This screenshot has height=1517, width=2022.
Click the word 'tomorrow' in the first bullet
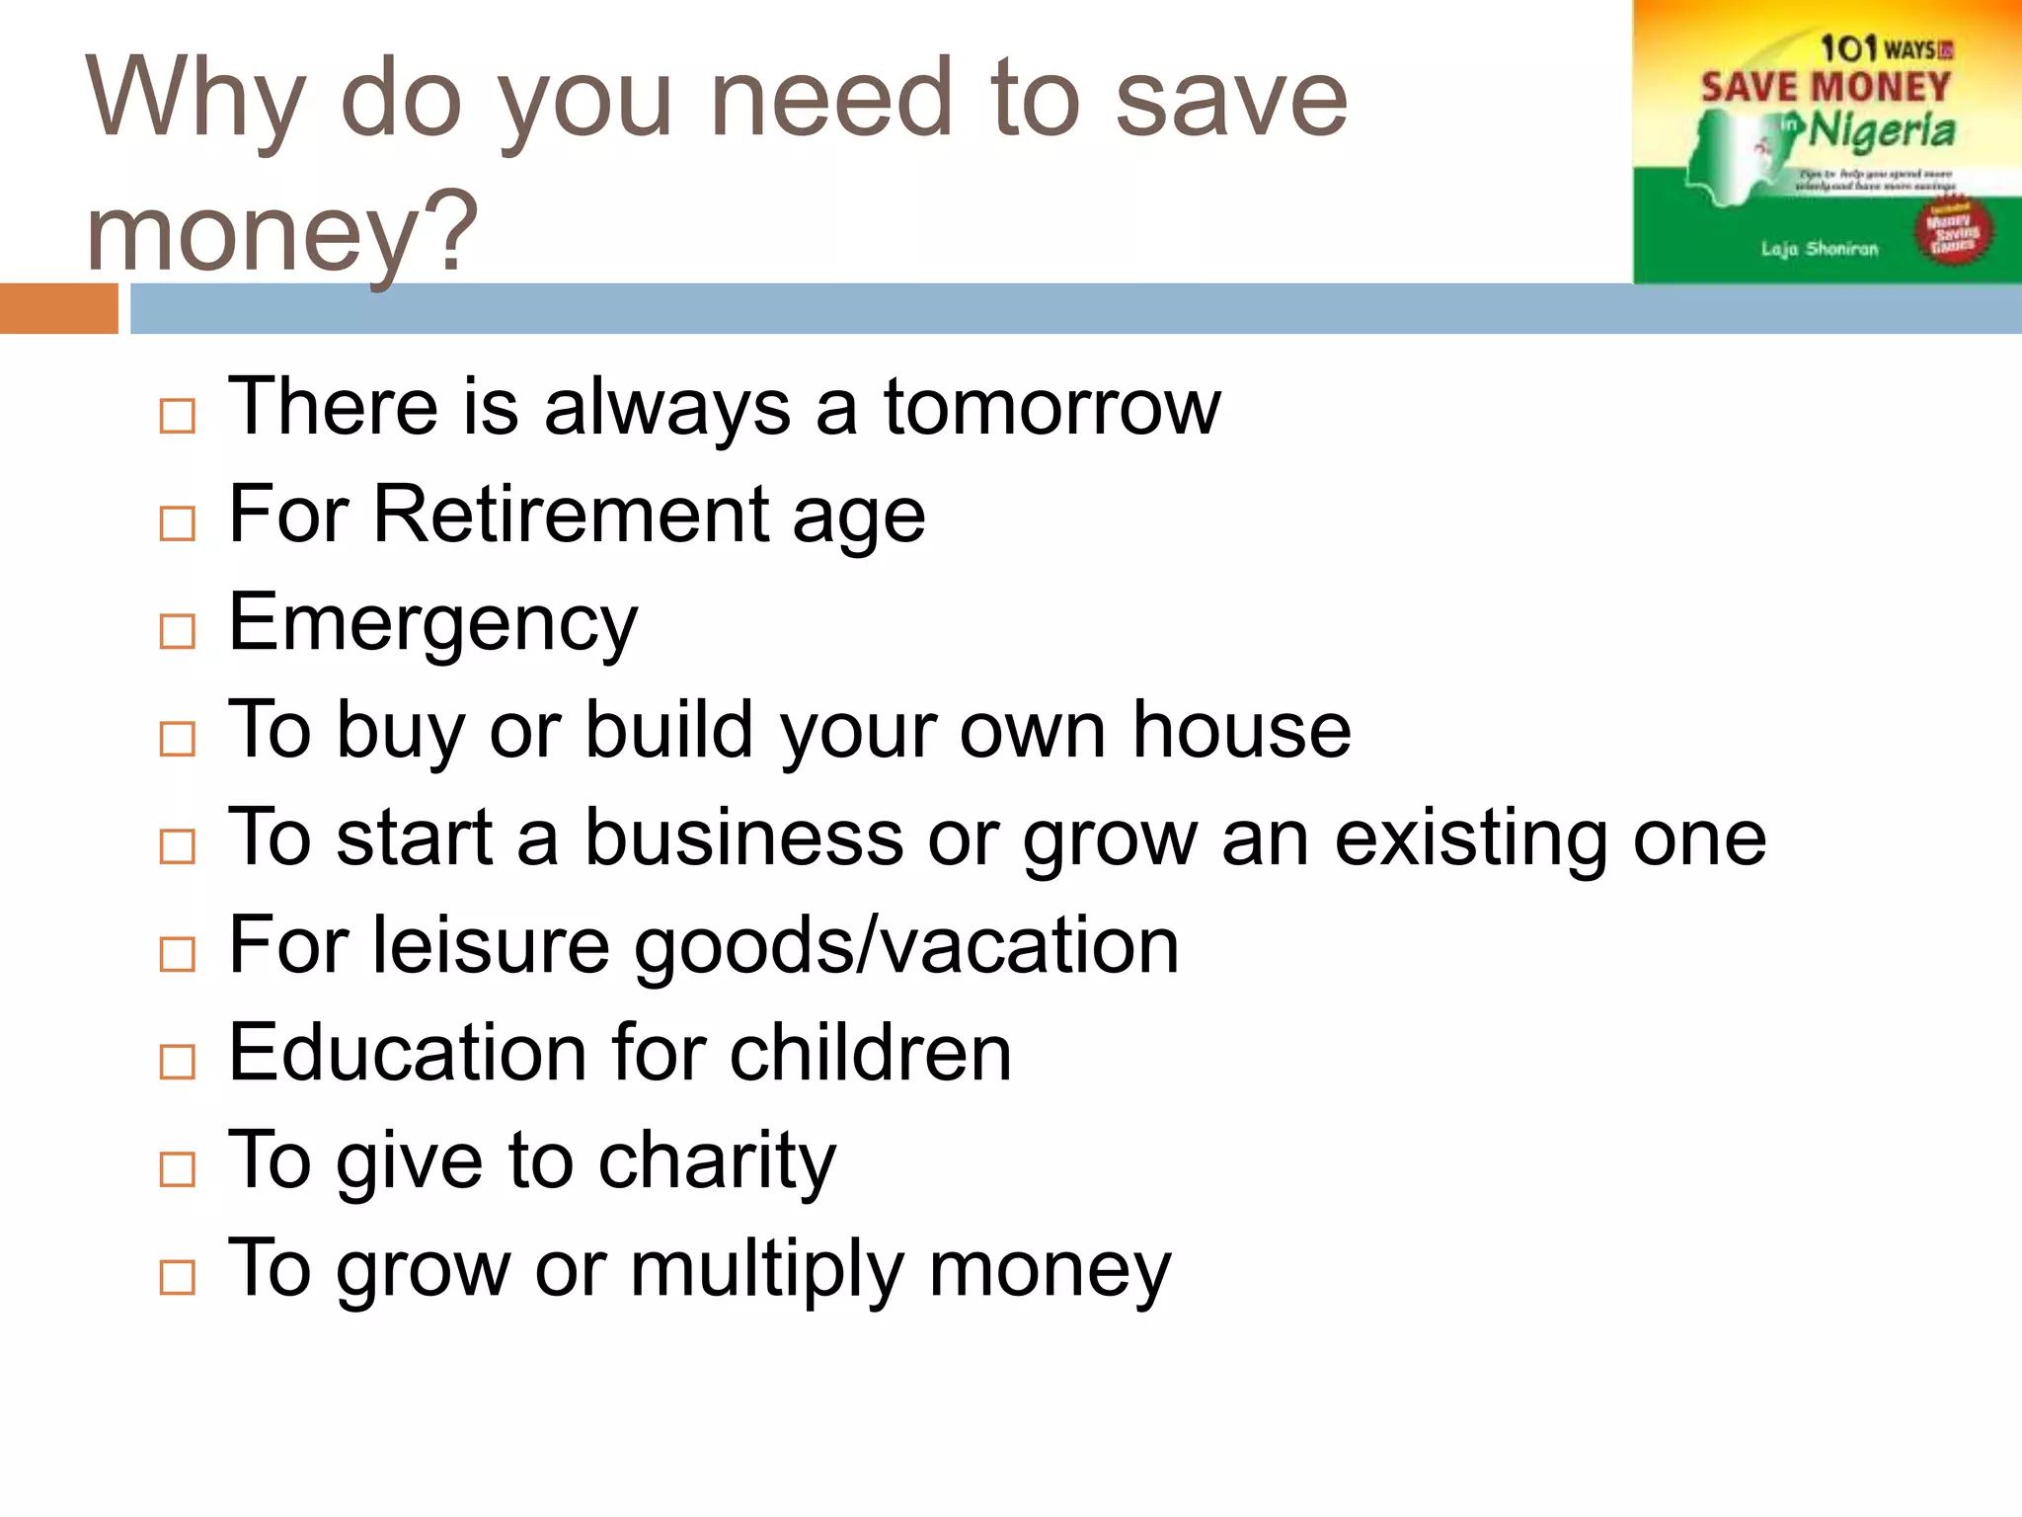[x=1051, y=407]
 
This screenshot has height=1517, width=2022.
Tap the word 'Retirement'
[x=570, y=515]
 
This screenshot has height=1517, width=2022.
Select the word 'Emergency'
[x=432, y=623]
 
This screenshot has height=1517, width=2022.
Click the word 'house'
[x=1241, y=730]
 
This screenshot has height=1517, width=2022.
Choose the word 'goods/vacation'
[x=905, y=946]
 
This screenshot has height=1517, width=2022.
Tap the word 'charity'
[x=717, y=1161]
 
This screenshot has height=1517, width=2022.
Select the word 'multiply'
[x=766, y=1270]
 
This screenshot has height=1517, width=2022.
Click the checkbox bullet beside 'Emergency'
[x=178, y=631]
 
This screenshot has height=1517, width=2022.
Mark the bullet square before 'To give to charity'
[x=178, y=1169]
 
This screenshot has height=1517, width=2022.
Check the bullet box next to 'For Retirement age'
[x=178, y=523]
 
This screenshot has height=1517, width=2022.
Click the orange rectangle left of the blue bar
[x=58, y=308]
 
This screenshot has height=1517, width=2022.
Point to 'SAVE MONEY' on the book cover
[x=1826, y=87]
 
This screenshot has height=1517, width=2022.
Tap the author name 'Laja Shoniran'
[x=1819, y=249]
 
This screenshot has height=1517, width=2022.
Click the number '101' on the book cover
[x=1847, y=47]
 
